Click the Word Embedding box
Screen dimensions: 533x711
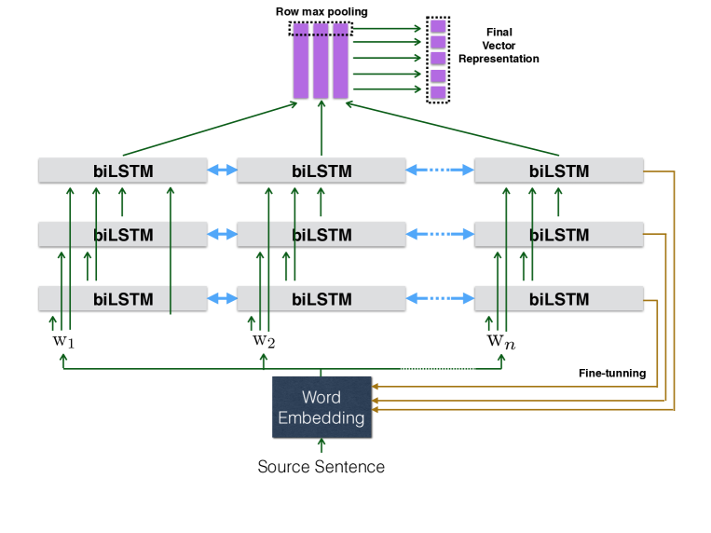(x=321, y=407)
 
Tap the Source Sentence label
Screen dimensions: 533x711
(x=321, y=466)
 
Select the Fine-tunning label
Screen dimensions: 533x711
(x=612, y=373)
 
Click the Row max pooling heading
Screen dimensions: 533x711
(x=321, y=11)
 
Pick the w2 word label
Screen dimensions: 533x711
(x=264, y=340)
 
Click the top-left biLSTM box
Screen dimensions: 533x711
(x=122, y=171)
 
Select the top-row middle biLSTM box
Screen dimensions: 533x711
(x=321, y=171)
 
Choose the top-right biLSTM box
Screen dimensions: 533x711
(x=559, y=171)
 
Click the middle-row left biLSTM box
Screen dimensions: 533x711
(x=122, y=235)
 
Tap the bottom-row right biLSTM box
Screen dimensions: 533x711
(x=559, y=299)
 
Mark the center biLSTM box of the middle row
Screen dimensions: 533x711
(x=321, y=235)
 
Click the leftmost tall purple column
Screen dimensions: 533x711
(x=300, y=61)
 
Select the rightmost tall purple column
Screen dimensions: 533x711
(x=341, y=61)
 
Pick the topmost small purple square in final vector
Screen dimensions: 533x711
(x=437, y=26)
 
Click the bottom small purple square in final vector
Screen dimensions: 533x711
(x=437, y=91)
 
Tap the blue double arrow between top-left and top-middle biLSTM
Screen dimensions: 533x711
(x=222, y=171)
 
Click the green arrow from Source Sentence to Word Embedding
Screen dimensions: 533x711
(x=321, y=447)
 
